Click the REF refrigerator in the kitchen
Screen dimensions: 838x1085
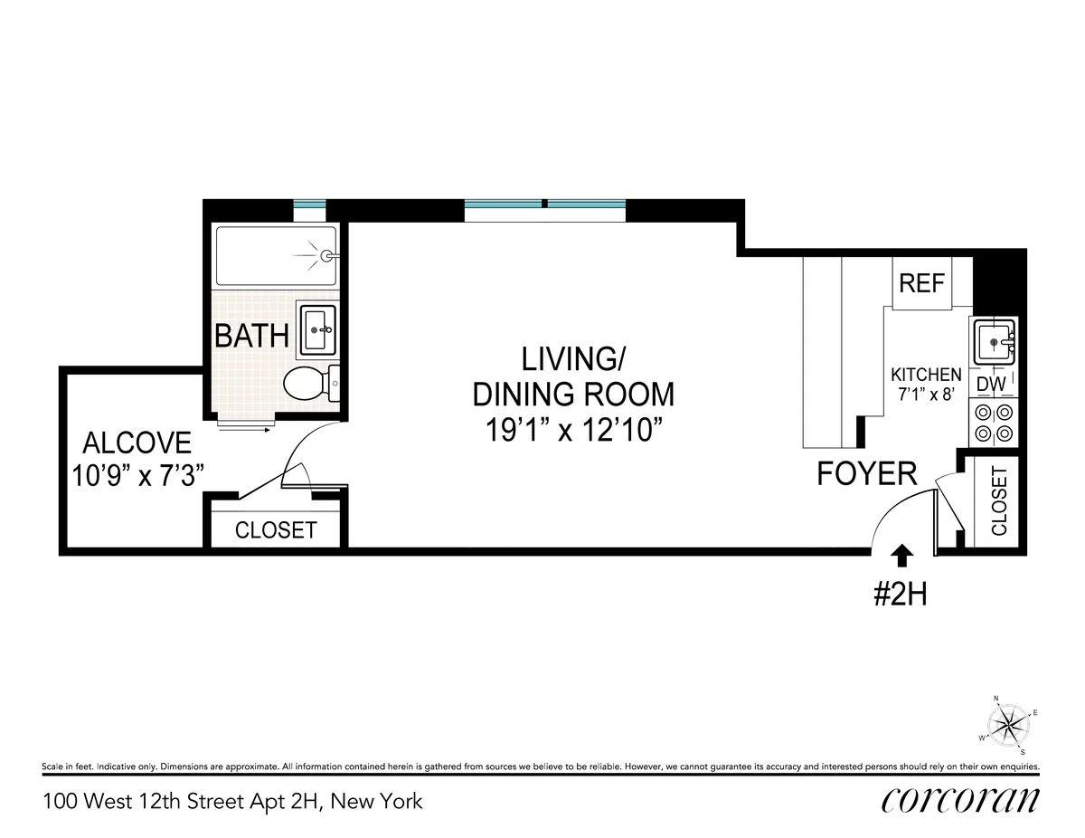921,283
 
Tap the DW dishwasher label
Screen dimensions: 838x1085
992,385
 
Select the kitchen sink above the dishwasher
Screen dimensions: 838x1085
994,341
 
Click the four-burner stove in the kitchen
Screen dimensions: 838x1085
993,424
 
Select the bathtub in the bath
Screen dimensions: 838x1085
277,256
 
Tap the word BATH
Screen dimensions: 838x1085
251,337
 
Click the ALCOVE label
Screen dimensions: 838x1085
137,443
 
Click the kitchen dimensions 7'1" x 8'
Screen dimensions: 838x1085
926,395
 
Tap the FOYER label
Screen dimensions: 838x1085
866,473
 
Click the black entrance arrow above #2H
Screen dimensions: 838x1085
901,556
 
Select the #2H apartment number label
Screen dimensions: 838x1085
900,595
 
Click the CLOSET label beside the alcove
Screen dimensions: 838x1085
276,530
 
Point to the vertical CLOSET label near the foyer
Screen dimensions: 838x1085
999,501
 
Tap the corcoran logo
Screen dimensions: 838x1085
959,800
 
